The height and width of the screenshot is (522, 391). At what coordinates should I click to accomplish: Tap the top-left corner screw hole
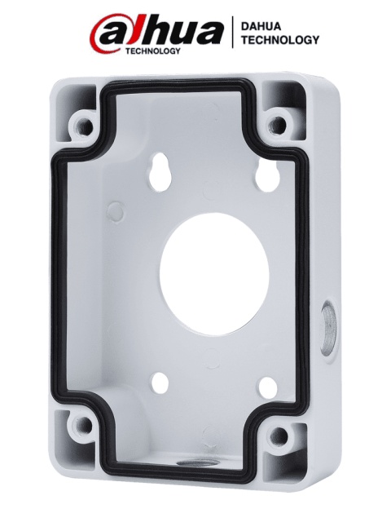[81, 126]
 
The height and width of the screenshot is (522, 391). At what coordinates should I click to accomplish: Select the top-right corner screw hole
[278, 124]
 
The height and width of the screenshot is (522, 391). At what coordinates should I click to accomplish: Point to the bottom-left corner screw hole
[81, 426]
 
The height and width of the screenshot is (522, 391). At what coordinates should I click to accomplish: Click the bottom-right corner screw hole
[279, 435]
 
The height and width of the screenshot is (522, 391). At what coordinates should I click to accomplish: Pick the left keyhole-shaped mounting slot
[161, 172]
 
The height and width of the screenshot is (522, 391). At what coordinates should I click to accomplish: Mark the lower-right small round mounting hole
[268, 386]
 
